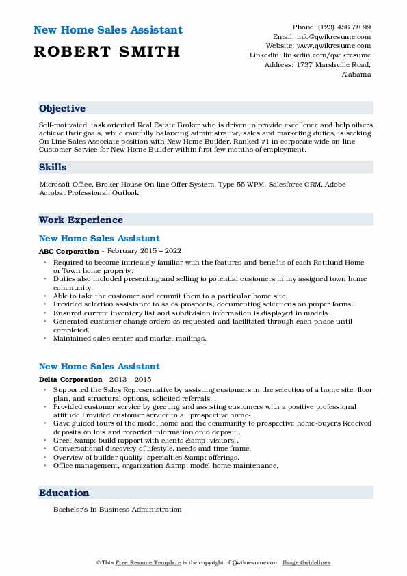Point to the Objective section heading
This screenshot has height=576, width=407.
click(x=62, y=109)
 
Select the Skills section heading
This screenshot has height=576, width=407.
click(x=53, y=166)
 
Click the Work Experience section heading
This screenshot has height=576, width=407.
click(x=81, y=220)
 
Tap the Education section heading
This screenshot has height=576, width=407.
click(x=64, y=493)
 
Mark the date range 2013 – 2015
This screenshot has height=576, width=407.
click(x=129, y=379)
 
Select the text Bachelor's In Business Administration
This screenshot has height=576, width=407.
click(x=118, y=510)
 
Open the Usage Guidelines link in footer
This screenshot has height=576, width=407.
click(x=306, y=562)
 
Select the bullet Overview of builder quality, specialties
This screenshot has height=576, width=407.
click(x=146, y=457)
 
